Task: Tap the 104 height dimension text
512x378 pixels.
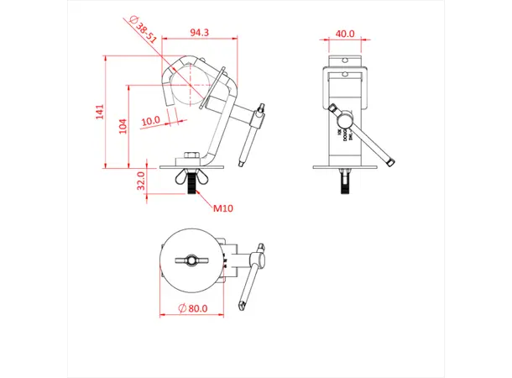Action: pos(123,125)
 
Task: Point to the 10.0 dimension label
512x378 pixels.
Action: pos(151,120)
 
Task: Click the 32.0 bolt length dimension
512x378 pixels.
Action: pos(141,181)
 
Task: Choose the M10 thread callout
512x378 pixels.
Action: pos(223,207)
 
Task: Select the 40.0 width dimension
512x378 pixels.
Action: pos(345,34)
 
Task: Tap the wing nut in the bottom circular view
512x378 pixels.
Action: pos(192,261)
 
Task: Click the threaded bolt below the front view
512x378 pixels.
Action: pos(345,181)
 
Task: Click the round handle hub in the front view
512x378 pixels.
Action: pos(337,111)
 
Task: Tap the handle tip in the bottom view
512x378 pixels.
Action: pos(240,306)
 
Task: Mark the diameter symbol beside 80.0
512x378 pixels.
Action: pos(181,308)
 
